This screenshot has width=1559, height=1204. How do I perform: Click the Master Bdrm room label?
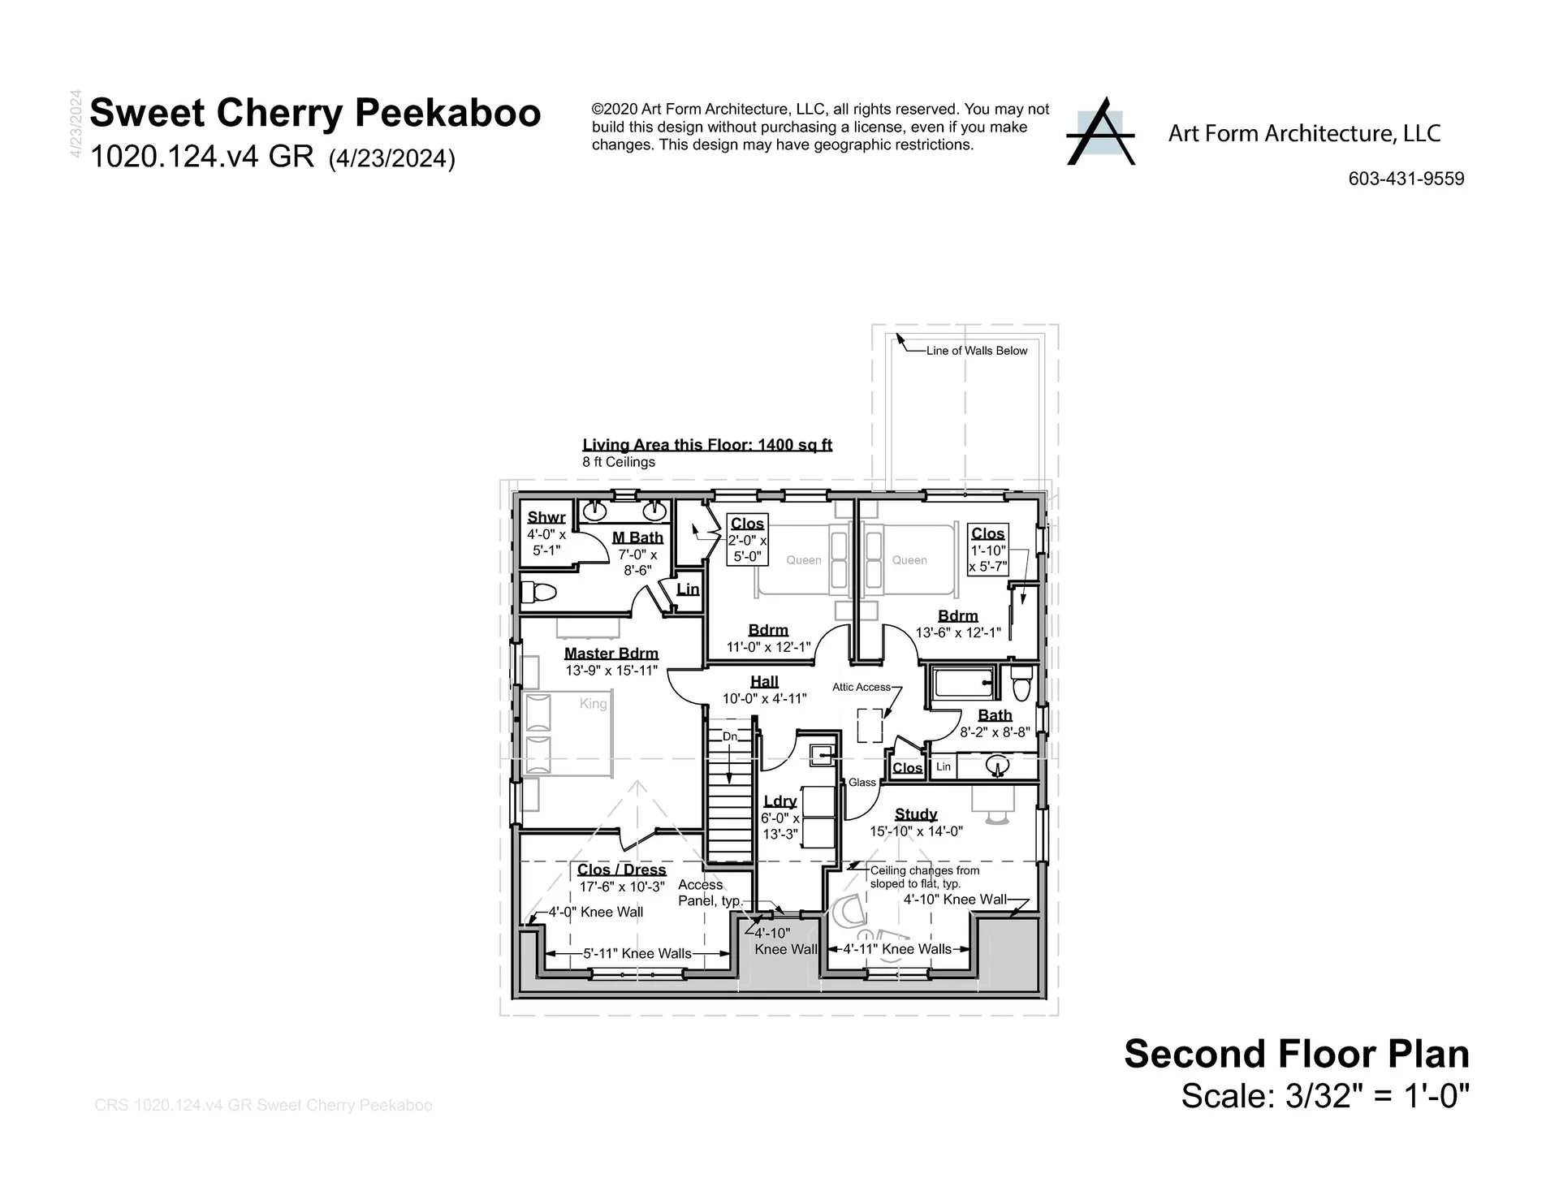[x=611, y=654]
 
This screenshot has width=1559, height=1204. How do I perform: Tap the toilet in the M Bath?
[x=537, y=592]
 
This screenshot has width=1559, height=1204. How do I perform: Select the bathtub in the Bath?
[x=964, y=684]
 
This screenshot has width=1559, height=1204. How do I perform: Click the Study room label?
[x=916, y=814]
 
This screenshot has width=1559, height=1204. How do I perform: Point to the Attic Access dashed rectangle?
[x=870, y=725]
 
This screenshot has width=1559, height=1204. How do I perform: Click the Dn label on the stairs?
[x=730, y=736]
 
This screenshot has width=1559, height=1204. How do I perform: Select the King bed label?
[x=593, y=704]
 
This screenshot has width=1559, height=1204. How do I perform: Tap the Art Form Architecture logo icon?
[x=1100, y=133]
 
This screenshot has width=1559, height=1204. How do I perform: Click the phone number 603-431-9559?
[x=1406, y=179]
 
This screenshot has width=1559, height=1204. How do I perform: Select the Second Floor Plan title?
[x=1296, y=1054]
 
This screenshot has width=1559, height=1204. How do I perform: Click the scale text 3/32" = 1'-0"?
[x=1324, y=1097]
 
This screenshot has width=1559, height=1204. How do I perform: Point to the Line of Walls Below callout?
[x=976, y=351]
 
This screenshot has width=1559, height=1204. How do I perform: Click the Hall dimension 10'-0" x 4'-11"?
[x=764, y=698]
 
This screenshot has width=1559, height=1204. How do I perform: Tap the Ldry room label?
[x=779, y=801]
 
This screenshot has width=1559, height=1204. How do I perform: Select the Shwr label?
[x=546, y=518]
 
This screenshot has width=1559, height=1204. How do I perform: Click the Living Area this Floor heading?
[x=706, y=445]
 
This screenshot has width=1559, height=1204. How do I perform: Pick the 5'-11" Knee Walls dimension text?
[x=637, y=954]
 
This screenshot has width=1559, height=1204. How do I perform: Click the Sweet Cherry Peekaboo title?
[x=315, y=113]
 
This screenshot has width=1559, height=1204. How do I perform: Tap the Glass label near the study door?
[x=862, y=783]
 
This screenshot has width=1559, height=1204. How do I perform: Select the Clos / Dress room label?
[x=621, y=870]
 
